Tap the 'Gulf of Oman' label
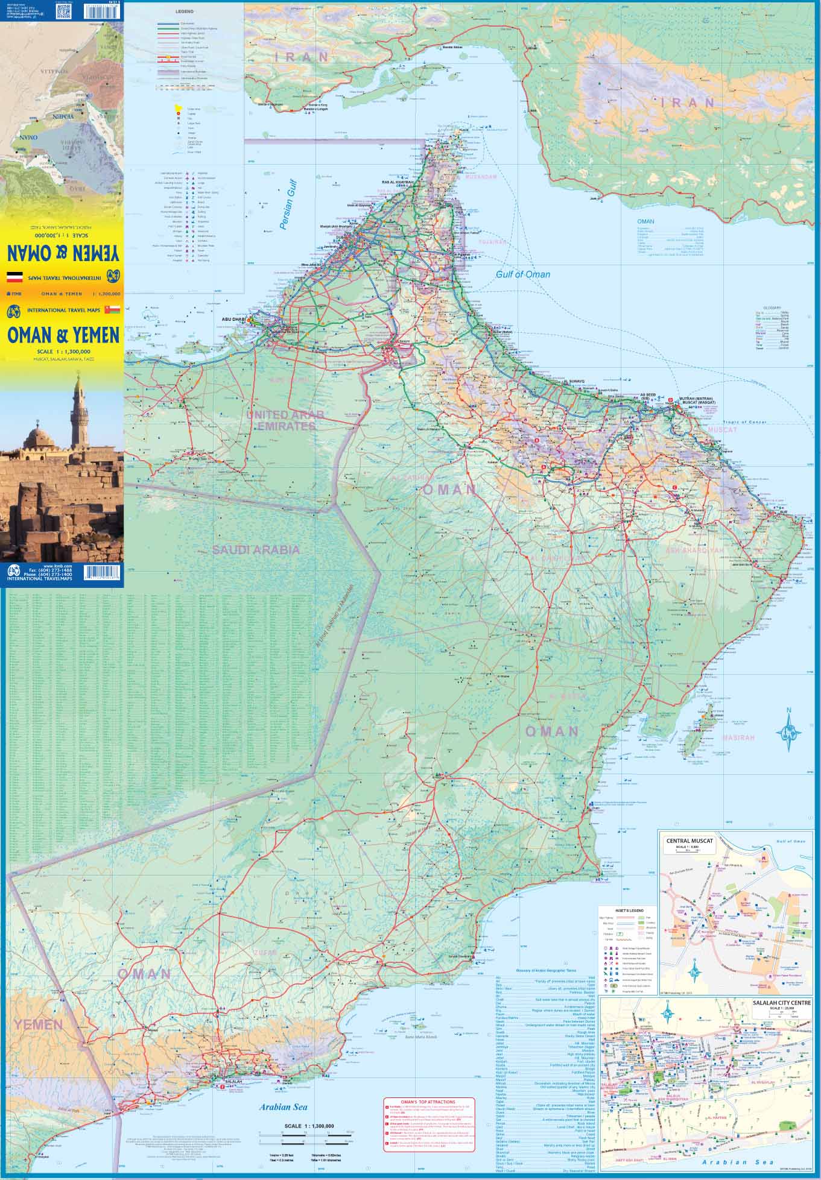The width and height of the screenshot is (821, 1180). (x=523, y=274)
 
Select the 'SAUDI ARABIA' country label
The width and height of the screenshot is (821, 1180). (x=255, y=549)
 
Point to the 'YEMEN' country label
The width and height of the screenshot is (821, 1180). (x=39, y=1024)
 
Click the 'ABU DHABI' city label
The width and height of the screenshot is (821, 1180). (x=234, y=320)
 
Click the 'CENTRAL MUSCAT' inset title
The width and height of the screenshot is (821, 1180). (x=689, y=840)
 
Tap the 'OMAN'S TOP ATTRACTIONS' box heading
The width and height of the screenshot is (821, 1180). (x=429, y=1102)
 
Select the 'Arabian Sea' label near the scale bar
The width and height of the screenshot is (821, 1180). (x=284, y=1106)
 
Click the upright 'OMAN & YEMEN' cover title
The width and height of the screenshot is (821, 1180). (x=63, y=334)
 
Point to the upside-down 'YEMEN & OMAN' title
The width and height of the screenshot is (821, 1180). (x=63, y=251)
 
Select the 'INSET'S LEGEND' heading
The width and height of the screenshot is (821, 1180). (x=628, y=910)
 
